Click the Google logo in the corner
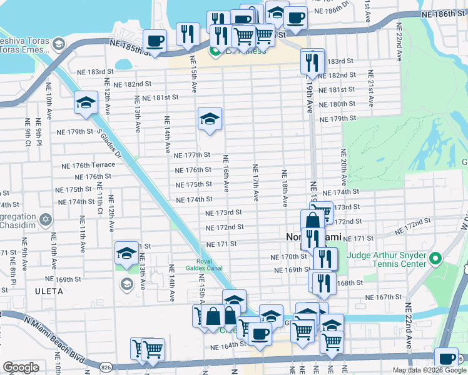[x=21, y=367]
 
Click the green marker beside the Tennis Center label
[x=436, y=257]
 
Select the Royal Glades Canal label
[x=208, y=266]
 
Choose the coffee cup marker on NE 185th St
[x=155, y=41]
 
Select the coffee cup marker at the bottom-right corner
[x=446, y=358]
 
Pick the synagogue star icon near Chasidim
[x=45, y=220]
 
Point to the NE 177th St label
[x=192, y=155]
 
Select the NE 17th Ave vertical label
[x=255, y=182]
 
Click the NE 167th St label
[x=382, y=297]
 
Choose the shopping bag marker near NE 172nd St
[x=312, y=221]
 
